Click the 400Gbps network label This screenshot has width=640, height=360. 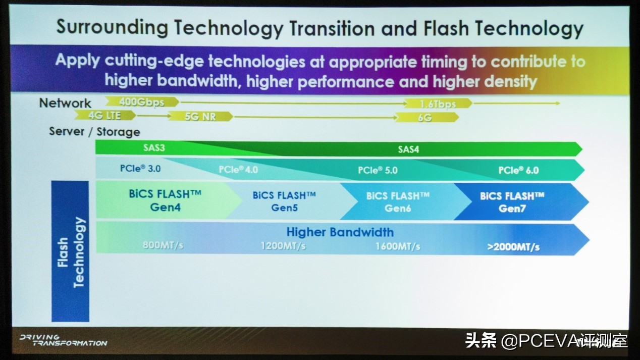[x=142, y=102]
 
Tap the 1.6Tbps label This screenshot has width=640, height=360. [x=438, y=104]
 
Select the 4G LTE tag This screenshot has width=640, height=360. [x=105, y=116]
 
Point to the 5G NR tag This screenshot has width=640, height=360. [x=200, y=117]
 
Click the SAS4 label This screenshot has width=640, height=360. [x=408, y=149]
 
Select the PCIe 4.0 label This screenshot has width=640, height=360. [x=238, y=170]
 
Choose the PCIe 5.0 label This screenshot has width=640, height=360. [x=378, y=171]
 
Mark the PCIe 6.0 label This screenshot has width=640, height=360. [x=518, y=171]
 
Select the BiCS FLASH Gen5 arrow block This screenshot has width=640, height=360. [x=284, y=201]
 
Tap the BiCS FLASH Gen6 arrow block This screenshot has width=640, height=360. [x=398, y=201]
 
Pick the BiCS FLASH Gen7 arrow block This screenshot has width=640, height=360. [x=512, y=201]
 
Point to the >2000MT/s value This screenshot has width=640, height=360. [x=513, y=247]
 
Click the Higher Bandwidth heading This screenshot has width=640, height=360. [x=340, y=232]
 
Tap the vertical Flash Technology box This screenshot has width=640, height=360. [x=71, y=251]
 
